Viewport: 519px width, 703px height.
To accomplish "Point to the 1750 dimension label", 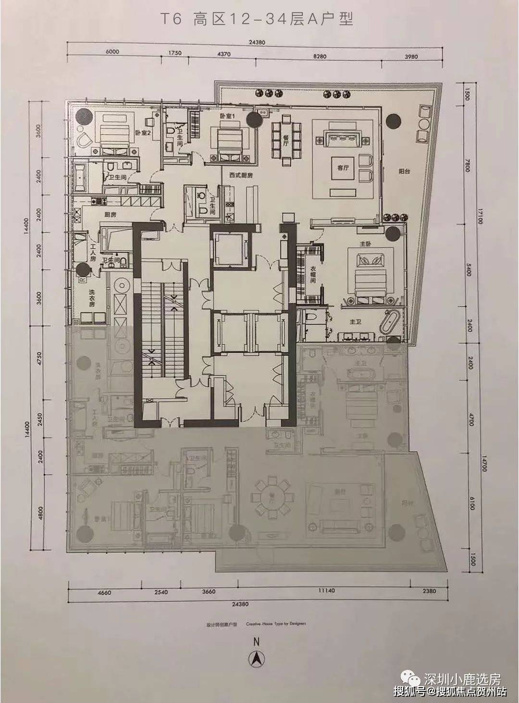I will [174, 53].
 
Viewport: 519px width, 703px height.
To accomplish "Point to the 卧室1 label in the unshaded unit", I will [227, 116].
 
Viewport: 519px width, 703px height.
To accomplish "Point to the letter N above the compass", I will [257, 641].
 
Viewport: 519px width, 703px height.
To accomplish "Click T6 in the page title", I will [167, 20].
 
